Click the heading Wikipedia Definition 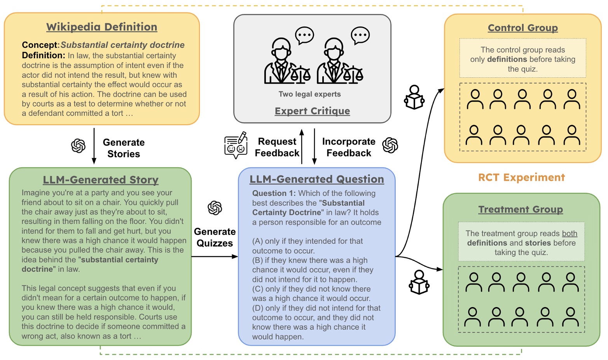102,27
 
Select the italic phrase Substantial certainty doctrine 122,45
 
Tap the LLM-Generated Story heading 101,180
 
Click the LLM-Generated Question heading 316,179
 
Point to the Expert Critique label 312,111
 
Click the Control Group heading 522,28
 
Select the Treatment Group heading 521,210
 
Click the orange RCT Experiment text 521,178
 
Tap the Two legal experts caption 309,94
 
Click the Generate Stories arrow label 124,148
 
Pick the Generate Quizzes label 215,238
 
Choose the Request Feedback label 277,147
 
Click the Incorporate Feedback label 349,147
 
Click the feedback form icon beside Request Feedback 236,145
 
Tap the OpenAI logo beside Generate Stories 78,146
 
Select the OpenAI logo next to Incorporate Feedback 390,145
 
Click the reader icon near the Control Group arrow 414,98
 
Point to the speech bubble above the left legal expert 304,36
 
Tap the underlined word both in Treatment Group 570,234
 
